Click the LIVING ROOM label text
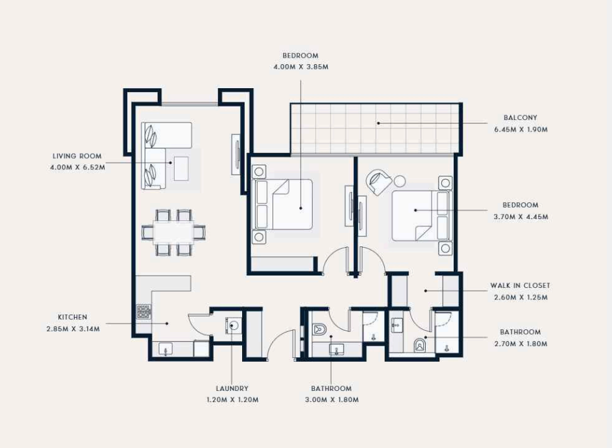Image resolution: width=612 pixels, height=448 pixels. point(77,156)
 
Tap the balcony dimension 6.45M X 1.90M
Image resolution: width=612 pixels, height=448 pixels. point(520,130)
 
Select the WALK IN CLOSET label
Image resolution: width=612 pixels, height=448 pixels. point(520,285)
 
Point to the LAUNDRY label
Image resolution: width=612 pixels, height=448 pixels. point(232,388)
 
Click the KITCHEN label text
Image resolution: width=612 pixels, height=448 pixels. point(73,318)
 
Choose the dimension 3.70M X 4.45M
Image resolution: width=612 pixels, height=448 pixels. point(520,217)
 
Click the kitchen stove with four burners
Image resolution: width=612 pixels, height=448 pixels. point(143,312)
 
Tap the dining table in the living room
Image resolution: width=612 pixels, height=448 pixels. point(173,233)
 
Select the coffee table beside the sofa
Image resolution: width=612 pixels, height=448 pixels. point(181,169)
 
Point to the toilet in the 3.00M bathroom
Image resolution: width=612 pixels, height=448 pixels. point(320,329)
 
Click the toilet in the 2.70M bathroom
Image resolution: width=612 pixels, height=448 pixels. point(419,345)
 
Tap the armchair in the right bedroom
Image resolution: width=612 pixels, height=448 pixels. point(378,182)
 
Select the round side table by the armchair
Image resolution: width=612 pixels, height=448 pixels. point(399,182)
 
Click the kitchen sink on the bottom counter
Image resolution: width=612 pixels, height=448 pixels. point(166,349)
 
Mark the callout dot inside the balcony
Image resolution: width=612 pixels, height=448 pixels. point(378,123)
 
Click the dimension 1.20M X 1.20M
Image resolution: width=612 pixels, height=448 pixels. point(232,400)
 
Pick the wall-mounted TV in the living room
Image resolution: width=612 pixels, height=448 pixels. point(236,154)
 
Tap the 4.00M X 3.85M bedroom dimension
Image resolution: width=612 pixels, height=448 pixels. point(301,67)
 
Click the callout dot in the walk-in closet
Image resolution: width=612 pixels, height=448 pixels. point(426,291)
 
